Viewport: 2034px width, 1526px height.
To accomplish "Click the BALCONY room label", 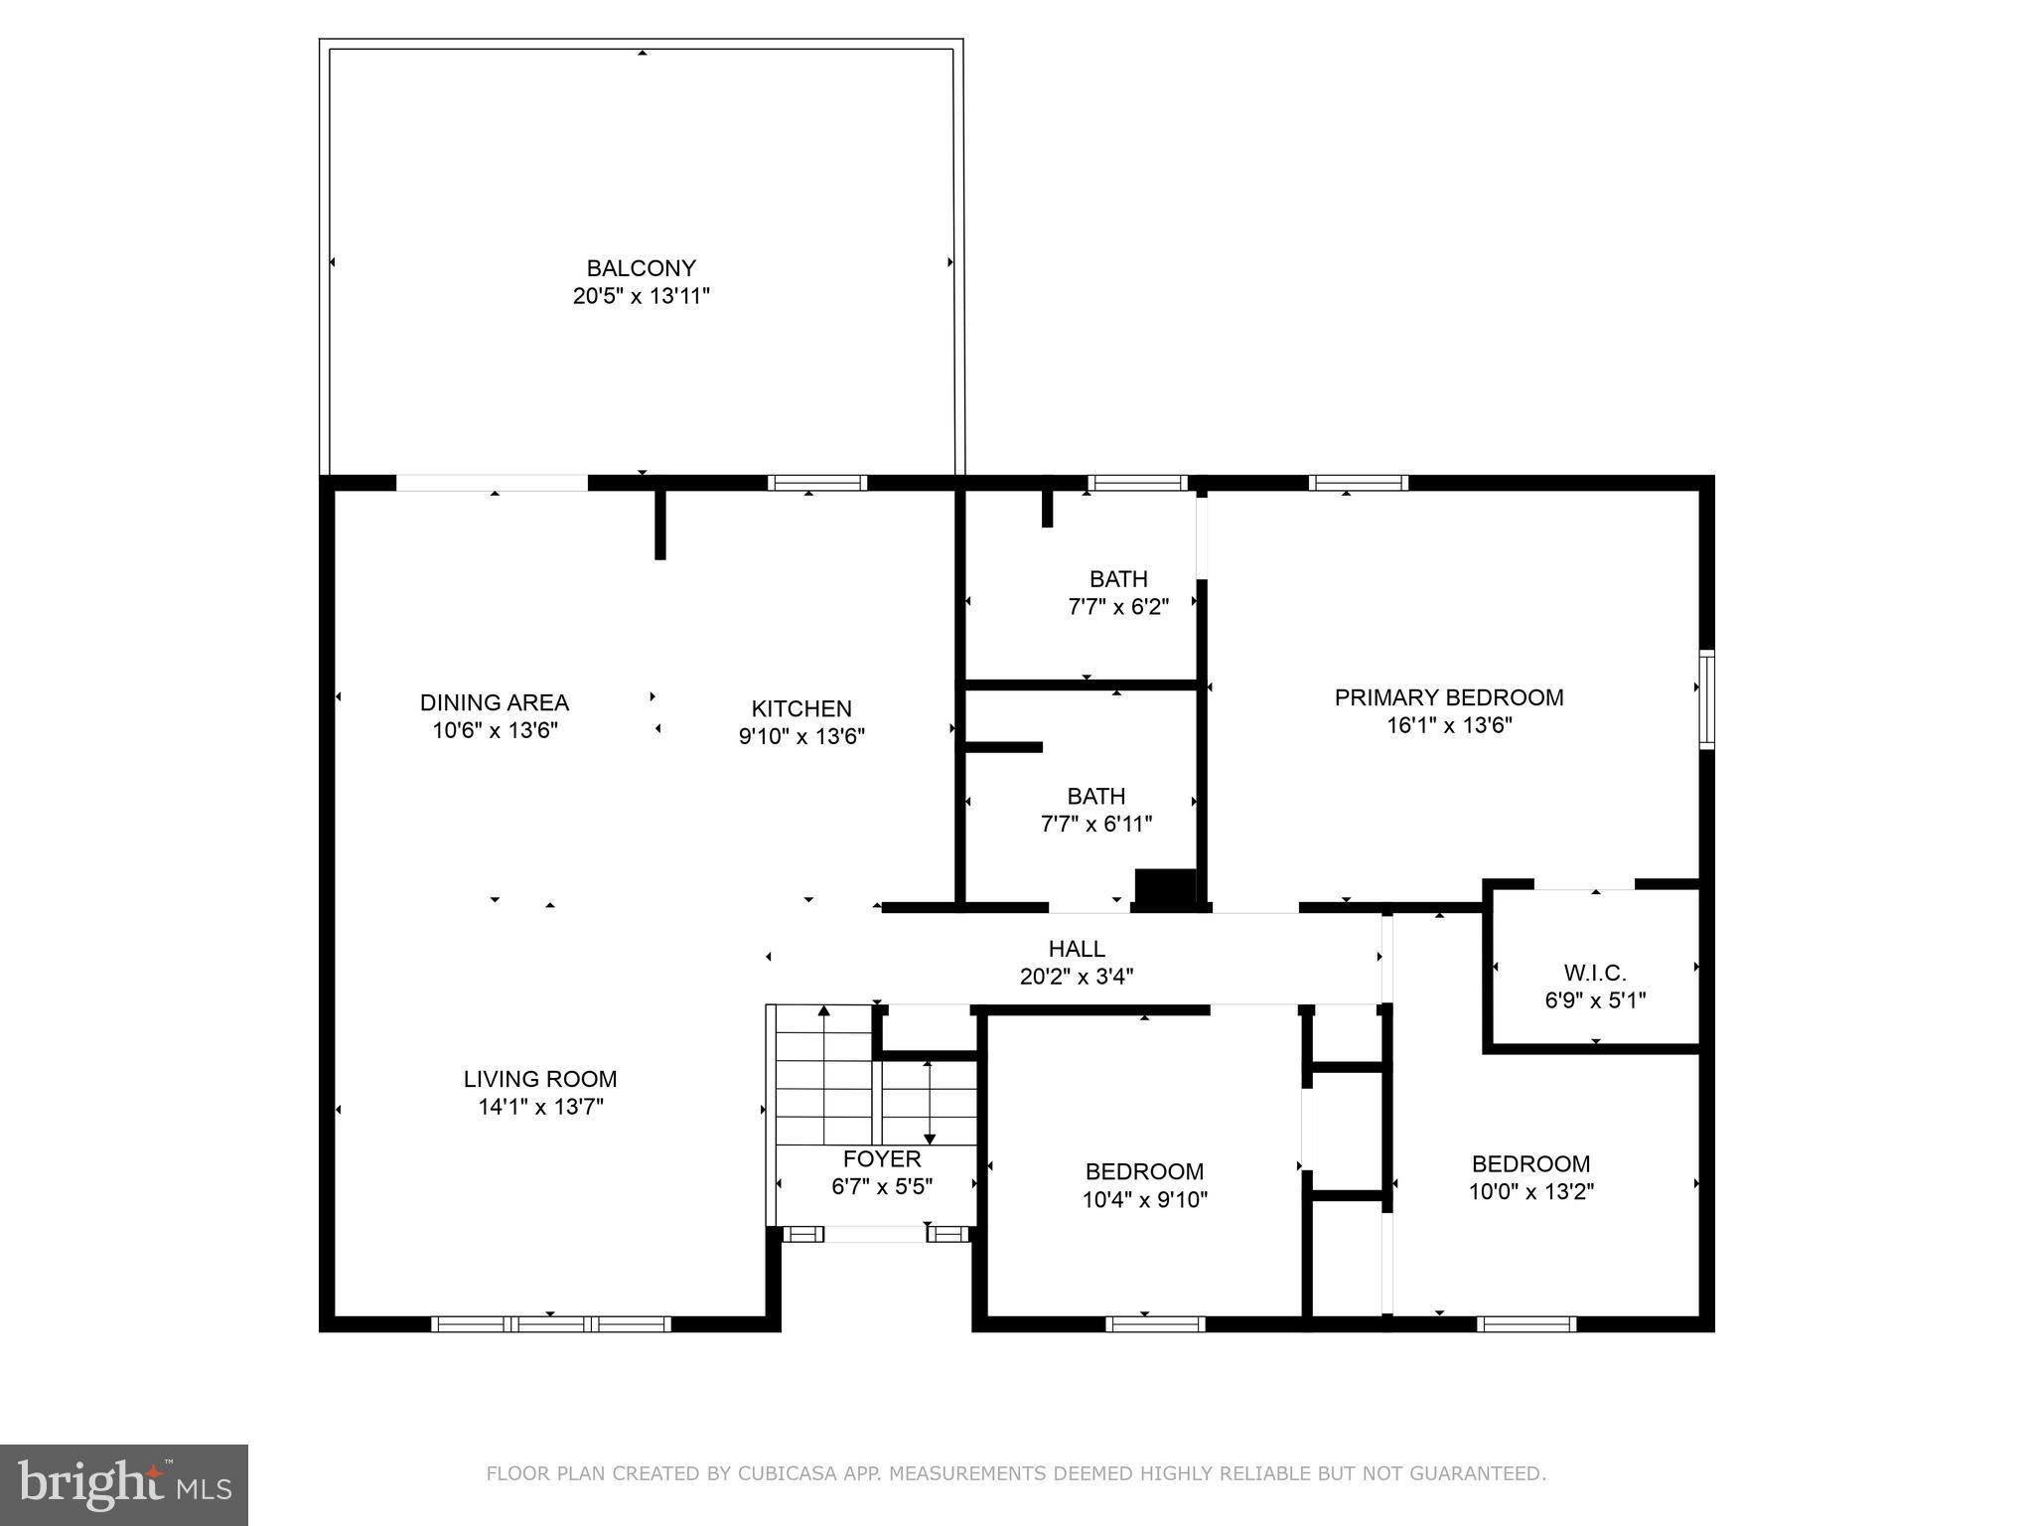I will coord(641,268).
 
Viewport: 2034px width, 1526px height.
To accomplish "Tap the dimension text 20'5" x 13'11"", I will coord(641,296).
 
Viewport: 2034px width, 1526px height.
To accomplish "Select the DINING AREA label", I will coord(494,702).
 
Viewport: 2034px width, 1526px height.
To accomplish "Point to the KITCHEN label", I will coord(800,708).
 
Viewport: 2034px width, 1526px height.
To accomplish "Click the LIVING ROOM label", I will coord(539,1079).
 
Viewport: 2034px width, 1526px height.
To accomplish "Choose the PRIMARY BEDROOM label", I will coord(1448,697).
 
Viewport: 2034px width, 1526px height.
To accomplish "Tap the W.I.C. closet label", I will coord(1595,973).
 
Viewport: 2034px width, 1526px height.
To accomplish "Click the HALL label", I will coord(1076,949).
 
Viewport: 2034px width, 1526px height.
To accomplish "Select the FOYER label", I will coord(881,1158).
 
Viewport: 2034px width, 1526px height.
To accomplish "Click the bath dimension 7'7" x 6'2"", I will coord(1117,607).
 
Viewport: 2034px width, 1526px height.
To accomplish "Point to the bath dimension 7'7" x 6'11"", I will coord(1095,824).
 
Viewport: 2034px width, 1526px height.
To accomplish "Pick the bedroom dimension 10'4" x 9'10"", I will coord(1144,1200).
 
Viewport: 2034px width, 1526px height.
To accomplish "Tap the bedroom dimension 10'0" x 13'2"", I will coord(1530,1191).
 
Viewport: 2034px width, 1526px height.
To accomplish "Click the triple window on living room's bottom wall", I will coord(551,1323).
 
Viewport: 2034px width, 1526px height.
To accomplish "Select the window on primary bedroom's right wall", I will coord(1705,698).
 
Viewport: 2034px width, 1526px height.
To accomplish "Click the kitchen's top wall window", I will coord(816,483).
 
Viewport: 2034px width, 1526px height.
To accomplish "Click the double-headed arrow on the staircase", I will coord(929,1102).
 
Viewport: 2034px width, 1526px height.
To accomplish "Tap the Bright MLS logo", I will coord(124,1484).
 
